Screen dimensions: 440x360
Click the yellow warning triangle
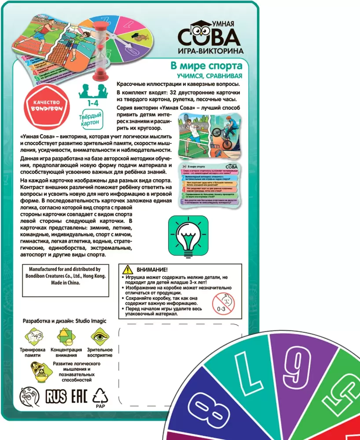click(x=127, y=269)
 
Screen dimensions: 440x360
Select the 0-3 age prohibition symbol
click(x=224, y=304)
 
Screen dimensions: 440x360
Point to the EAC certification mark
click(x=79, y=396)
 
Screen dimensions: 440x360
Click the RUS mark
click(x=56, y=396)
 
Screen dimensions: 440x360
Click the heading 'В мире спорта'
click(x=206, y=66)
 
